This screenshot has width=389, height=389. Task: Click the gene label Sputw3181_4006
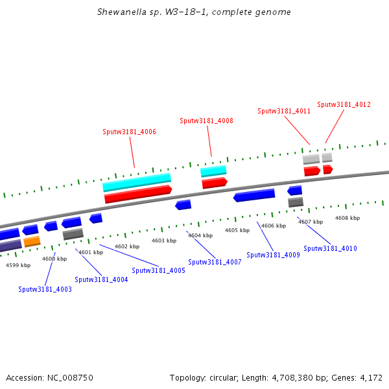click(129, 132)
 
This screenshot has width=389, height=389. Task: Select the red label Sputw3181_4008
click(206, 121)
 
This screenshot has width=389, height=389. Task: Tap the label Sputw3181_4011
click(284, 111)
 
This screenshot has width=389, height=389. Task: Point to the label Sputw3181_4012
click(344, 104)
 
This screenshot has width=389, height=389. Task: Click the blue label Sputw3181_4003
click(45, 289)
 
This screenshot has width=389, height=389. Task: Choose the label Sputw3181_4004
click(101, 279)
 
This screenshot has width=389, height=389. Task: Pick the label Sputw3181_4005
click(158, 270)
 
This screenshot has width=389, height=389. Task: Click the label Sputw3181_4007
click(215, 262)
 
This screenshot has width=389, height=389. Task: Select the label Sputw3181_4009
click(273, 255)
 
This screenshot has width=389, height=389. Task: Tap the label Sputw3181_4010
click(330, 248)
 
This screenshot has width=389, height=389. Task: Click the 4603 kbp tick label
click(164, 241)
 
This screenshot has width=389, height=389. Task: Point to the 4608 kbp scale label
click(348, 218)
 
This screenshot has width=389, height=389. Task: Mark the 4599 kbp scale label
click(18, 265)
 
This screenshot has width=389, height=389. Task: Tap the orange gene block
click(32, 242)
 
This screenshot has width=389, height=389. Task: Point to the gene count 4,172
click(371, 377)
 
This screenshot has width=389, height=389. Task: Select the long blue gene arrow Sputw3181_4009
click(254, 194)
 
